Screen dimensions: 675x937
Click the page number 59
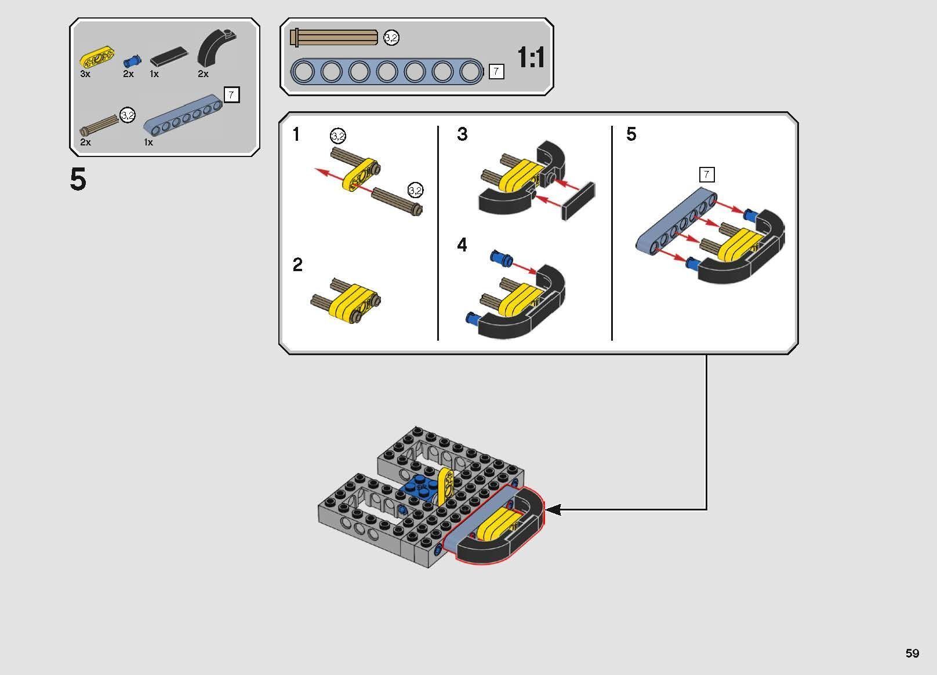coord(912,653)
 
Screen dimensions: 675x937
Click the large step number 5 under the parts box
coord(78,180)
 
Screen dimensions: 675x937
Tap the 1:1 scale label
coord(531,59)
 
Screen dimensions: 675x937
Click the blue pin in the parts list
coord(132,60)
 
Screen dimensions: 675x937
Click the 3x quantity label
coord(85,74)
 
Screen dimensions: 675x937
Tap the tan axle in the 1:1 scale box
coord(335,38)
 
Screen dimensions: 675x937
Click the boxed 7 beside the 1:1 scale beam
coord(496,72)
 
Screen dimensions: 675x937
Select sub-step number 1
coord(296,135)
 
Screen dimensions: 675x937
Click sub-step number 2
coord(297,265)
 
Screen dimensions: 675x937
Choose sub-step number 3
coord(462,134)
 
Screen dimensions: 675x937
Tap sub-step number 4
coord(462,245)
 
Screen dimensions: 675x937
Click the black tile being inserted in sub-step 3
coord(578,201)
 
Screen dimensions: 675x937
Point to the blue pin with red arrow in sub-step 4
coord(500,258)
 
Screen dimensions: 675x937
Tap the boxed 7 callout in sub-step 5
coord(706,174)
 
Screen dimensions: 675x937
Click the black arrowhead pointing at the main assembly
coord(554,510)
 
